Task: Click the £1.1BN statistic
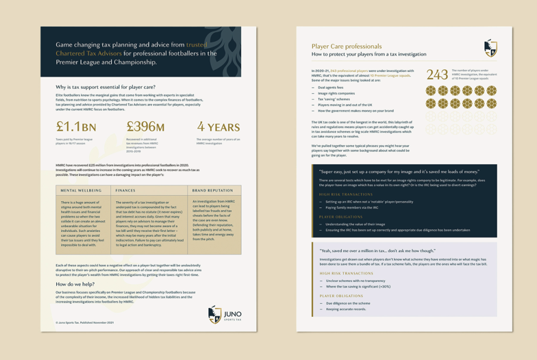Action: click(76, 127)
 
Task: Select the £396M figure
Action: click(145, 127)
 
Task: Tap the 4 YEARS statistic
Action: click(218, 127)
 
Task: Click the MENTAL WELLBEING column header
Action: click(81, 190)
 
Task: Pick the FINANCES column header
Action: click(125, 190)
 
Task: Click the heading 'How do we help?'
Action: click(75, 283)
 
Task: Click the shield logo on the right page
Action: click(490, 48)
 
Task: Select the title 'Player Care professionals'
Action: click(347, 47)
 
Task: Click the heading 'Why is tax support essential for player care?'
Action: click(105, 87)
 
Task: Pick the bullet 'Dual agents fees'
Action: click(330, 88)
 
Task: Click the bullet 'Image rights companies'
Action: click(336, 93)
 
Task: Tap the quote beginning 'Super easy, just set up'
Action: click(399, 172)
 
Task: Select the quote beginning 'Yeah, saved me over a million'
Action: click(377, 250)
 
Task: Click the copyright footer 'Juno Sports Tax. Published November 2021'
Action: click(85, 322)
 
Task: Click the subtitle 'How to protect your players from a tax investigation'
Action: click(369, 54)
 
